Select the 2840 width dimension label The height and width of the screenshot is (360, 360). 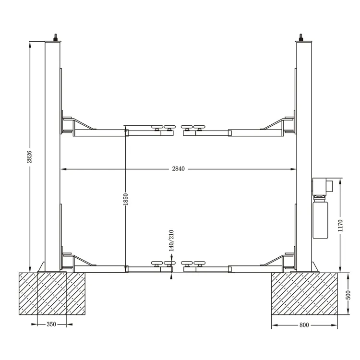[x=178, y=169]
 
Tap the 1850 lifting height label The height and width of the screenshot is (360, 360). [x=125, y=199]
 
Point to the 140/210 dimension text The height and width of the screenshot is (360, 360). [x=171, y=240]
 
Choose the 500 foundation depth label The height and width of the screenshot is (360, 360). [x=348, y=294]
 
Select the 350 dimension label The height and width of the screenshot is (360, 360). [x=51, y=324]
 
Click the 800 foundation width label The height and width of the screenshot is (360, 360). [x=304, y=325]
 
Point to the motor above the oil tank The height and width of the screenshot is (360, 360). [x=320, y=187]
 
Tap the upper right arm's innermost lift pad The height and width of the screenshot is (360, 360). [x=187, y=127]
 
